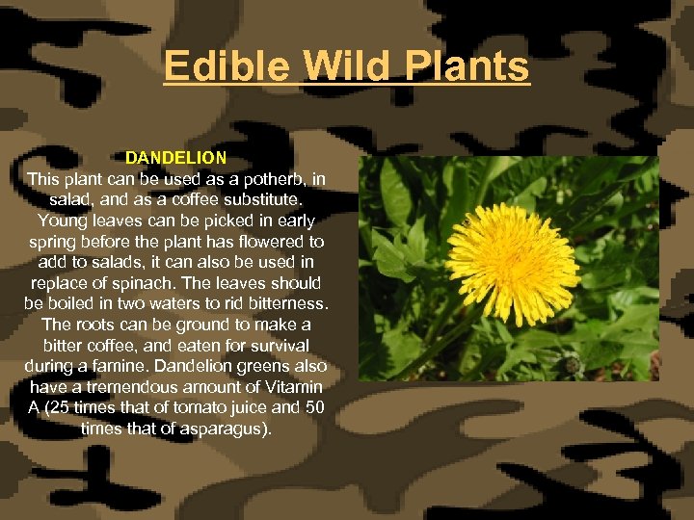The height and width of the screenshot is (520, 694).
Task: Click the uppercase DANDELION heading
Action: [x=175, y=157]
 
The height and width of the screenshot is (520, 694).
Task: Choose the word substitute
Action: [x=259, y=199]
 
